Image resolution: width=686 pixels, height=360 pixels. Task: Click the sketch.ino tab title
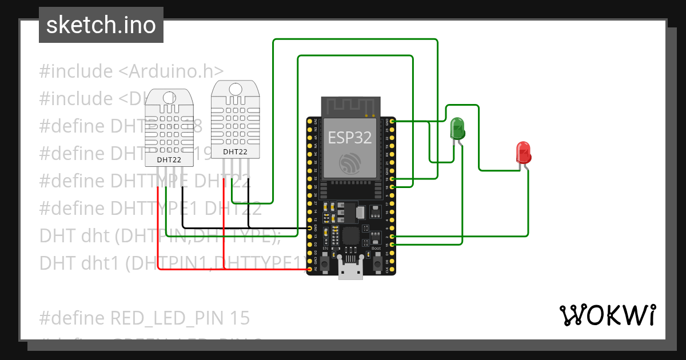[x=101, y=25]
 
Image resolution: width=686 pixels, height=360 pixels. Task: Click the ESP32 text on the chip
[x=349, y=137]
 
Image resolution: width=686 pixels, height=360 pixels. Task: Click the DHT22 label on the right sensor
[x=235, y=151]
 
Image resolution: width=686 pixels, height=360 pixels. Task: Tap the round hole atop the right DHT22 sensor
[x=235, y=89]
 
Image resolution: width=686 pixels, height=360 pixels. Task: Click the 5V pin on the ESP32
[x=310, y=269]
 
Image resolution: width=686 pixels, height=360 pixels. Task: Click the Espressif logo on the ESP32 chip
[x=349, y=163]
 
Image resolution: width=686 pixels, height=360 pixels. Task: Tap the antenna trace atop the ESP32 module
[x=350, y=106]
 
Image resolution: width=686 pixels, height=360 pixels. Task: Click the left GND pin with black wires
[x=310, y=228]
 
